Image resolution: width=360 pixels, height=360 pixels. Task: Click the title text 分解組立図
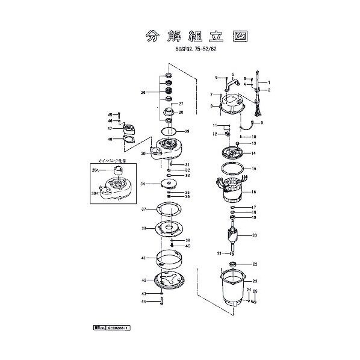tap(197, 36)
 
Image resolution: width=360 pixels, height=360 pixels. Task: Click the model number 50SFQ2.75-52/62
tap(197, 52)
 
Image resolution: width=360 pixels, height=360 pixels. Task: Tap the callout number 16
tap(254, 191)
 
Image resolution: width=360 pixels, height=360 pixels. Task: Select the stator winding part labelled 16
tap(230, 193)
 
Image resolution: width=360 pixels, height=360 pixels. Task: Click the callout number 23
tap(255, 281)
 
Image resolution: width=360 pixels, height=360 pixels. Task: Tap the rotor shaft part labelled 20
tap(232, 237)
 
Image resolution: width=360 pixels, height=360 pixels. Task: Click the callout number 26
tap(143, 92)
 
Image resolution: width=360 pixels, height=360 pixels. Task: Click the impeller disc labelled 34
tap(169, 184)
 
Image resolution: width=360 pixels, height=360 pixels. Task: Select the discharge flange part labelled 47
tap(129, 129)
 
